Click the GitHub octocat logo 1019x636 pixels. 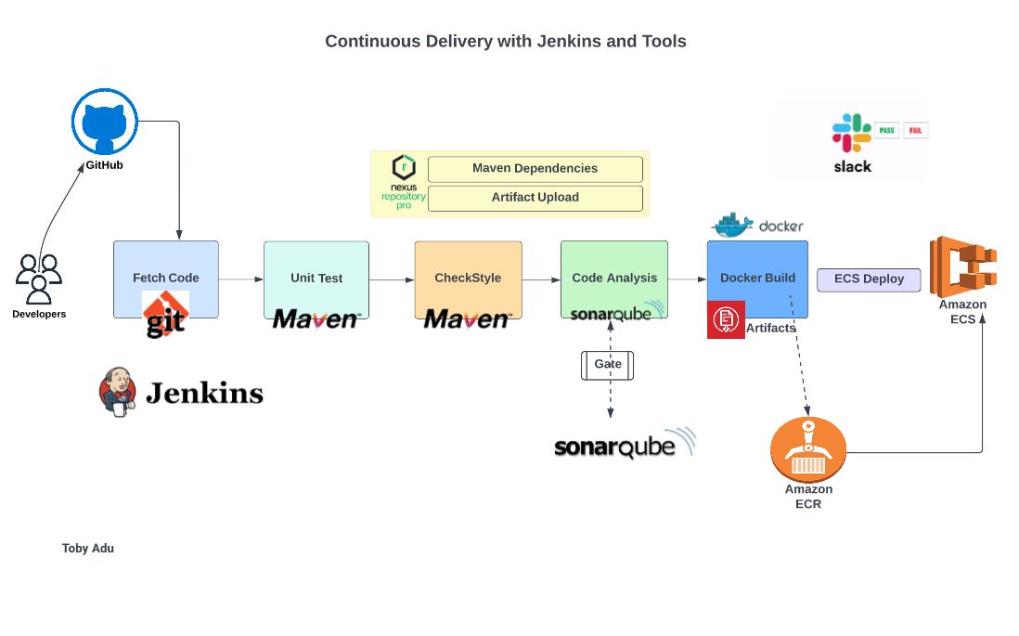click(x=105, y=123)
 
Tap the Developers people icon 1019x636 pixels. click(x=39, y=279)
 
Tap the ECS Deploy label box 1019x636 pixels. click(x=869, y=279)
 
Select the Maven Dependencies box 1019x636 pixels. click(x=535, y=169)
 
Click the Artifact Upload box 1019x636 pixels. click(x=535, y=198)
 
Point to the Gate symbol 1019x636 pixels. click(x=608, y=365)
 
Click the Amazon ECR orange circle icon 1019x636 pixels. click(x=808, y=449)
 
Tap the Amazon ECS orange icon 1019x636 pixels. click(x=962, y=266)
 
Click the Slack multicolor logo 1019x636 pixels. click(x=851, y=133)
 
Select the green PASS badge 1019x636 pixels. click(x=886, y=131)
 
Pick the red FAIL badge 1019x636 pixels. click(x=916, y=131)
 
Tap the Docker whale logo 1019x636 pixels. click(x=732, y=225)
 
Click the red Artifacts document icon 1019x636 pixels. click(x=726, y=320)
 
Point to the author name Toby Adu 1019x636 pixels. click(x=88, y=549)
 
